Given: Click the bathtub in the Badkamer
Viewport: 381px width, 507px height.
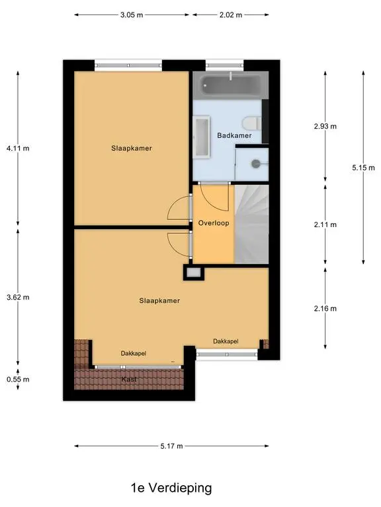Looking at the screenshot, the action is [x=231, y=85].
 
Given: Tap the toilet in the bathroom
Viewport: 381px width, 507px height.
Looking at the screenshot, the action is [x=252, y=123].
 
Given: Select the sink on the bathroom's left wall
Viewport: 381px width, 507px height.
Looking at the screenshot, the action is [x=202, y=137].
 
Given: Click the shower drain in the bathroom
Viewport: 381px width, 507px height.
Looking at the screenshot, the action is [x=256, y=164].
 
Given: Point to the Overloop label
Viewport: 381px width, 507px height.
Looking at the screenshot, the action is [x=214, y=222].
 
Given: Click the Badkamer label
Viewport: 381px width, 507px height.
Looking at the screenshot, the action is [x=234, y=135].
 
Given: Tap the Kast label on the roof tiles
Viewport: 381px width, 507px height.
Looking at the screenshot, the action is [x=129, y=380].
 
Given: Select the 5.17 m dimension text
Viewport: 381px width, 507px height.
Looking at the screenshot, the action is [x=171, y=446].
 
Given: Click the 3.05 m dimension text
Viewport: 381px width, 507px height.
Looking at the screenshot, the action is [x=132, y=15].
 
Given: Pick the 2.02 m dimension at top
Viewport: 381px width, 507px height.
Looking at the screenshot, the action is [x=231, y=15].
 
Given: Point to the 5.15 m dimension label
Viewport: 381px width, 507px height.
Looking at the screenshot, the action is [x=364, y=168].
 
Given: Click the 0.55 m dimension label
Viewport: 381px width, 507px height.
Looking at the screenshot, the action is [x=18, y=380].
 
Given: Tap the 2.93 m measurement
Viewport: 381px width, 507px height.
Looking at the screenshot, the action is [x=325, y=126].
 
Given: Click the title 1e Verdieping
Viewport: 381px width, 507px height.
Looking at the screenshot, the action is [x=171, y=488].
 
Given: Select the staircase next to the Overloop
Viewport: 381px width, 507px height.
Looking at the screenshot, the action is [x=252, y=224].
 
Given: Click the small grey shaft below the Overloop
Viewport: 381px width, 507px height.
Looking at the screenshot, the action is [x=194, y=273].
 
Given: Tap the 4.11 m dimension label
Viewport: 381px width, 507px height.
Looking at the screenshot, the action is [x=18, y=149].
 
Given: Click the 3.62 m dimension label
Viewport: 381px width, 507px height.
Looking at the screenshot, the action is [x=18, y=297].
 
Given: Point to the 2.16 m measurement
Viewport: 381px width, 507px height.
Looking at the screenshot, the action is [x=325, y=308].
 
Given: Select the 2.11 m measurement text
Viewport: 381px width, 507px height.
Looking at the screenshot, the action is [x=325, y=224].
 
